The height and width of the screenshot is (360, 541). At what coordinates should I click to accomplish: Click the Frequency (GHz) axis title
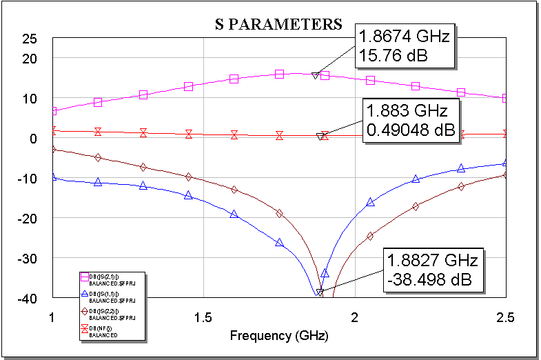[x=278, y=337]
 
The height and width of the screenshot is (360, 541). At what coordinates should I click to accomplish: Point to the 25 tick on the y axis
[x=29, y=39]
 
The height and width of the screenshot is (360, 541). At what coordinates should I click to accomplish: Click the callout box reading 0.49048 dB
[x=411, y=121]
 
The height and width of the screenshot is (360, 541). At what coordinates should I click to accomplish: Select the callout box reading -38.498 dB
[x=431, y=270]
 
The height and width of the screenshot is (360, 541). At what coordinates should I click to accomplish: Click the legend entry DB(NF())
[x=103, y=329]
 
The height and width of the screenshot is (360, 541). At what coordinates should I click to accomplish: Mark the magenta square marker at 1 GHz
[x=53, y=111]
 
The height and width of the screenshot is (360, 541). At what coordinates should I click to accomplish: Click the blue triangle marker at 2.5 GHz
[x=506, y=163]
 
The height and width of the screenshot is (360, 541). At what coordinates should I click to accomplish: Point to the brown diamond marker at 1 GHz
[x=53, y=149]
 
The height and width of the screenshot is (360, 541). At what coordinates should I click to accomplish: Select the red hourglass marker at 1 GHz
[x=53, y=130]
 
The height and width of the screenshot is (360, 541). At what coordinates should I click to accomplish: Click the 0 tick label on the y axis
[x=32, y=138]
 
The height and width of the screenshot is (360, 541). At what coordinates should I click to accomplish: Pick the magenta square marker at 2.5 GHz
[x=506, y=98]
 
